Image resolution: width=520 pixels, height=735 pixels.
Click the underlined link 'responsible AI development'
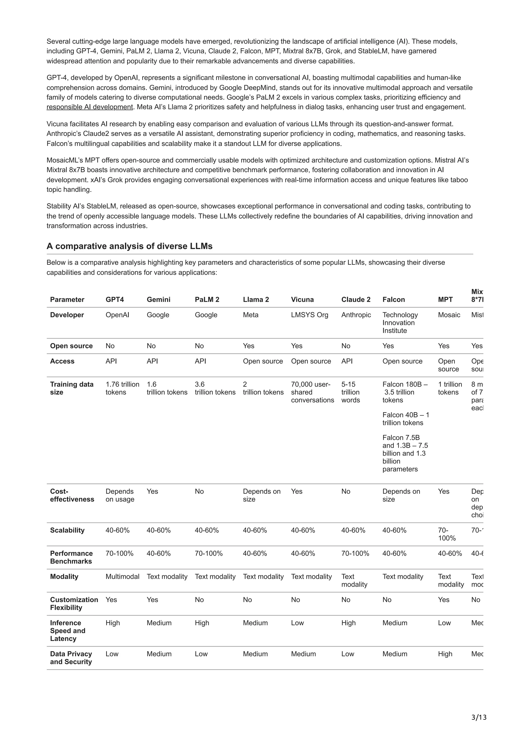point(89,107)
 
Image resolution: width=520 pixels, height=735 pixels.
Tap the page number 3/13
point(479,717)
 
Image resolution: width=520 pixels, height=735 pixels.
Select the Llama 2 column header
point(256,299)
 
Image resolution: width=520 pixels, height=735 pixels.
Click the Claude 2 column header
point(356,299)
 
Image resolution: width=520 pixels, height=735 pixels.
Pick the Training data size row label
point(72,388)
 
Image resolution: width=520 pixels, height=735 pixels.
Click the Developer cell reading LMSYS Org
point(310,315)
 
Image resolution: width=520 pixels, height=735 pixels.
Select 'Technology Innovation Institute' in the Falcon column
point(400,322)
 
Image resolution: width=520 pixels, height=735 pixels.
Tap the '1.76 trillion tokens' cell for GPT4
point(122,388)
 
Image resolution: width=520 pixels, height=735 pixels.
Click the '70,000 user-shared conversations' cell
point(312,392)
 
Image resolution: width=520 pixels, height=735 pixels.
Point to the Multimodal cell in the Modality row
point(122,576)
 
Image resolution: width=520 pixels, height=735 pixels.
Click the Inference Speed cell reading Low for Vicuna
point(297,623)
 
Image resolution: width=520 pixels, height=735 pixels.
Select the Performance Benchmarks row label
point(71,557)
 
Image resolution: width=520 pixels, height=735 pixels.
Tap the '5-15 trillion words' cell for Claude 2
point(350,392)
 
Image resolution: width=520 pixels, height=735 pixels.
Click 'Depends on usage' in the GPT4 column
point(120,495)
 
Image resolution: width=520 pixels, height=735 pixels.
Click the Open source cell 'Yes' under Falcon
point(388,346)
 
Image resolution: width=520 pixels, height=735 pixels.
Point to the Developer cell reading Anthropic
point(356,315)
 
